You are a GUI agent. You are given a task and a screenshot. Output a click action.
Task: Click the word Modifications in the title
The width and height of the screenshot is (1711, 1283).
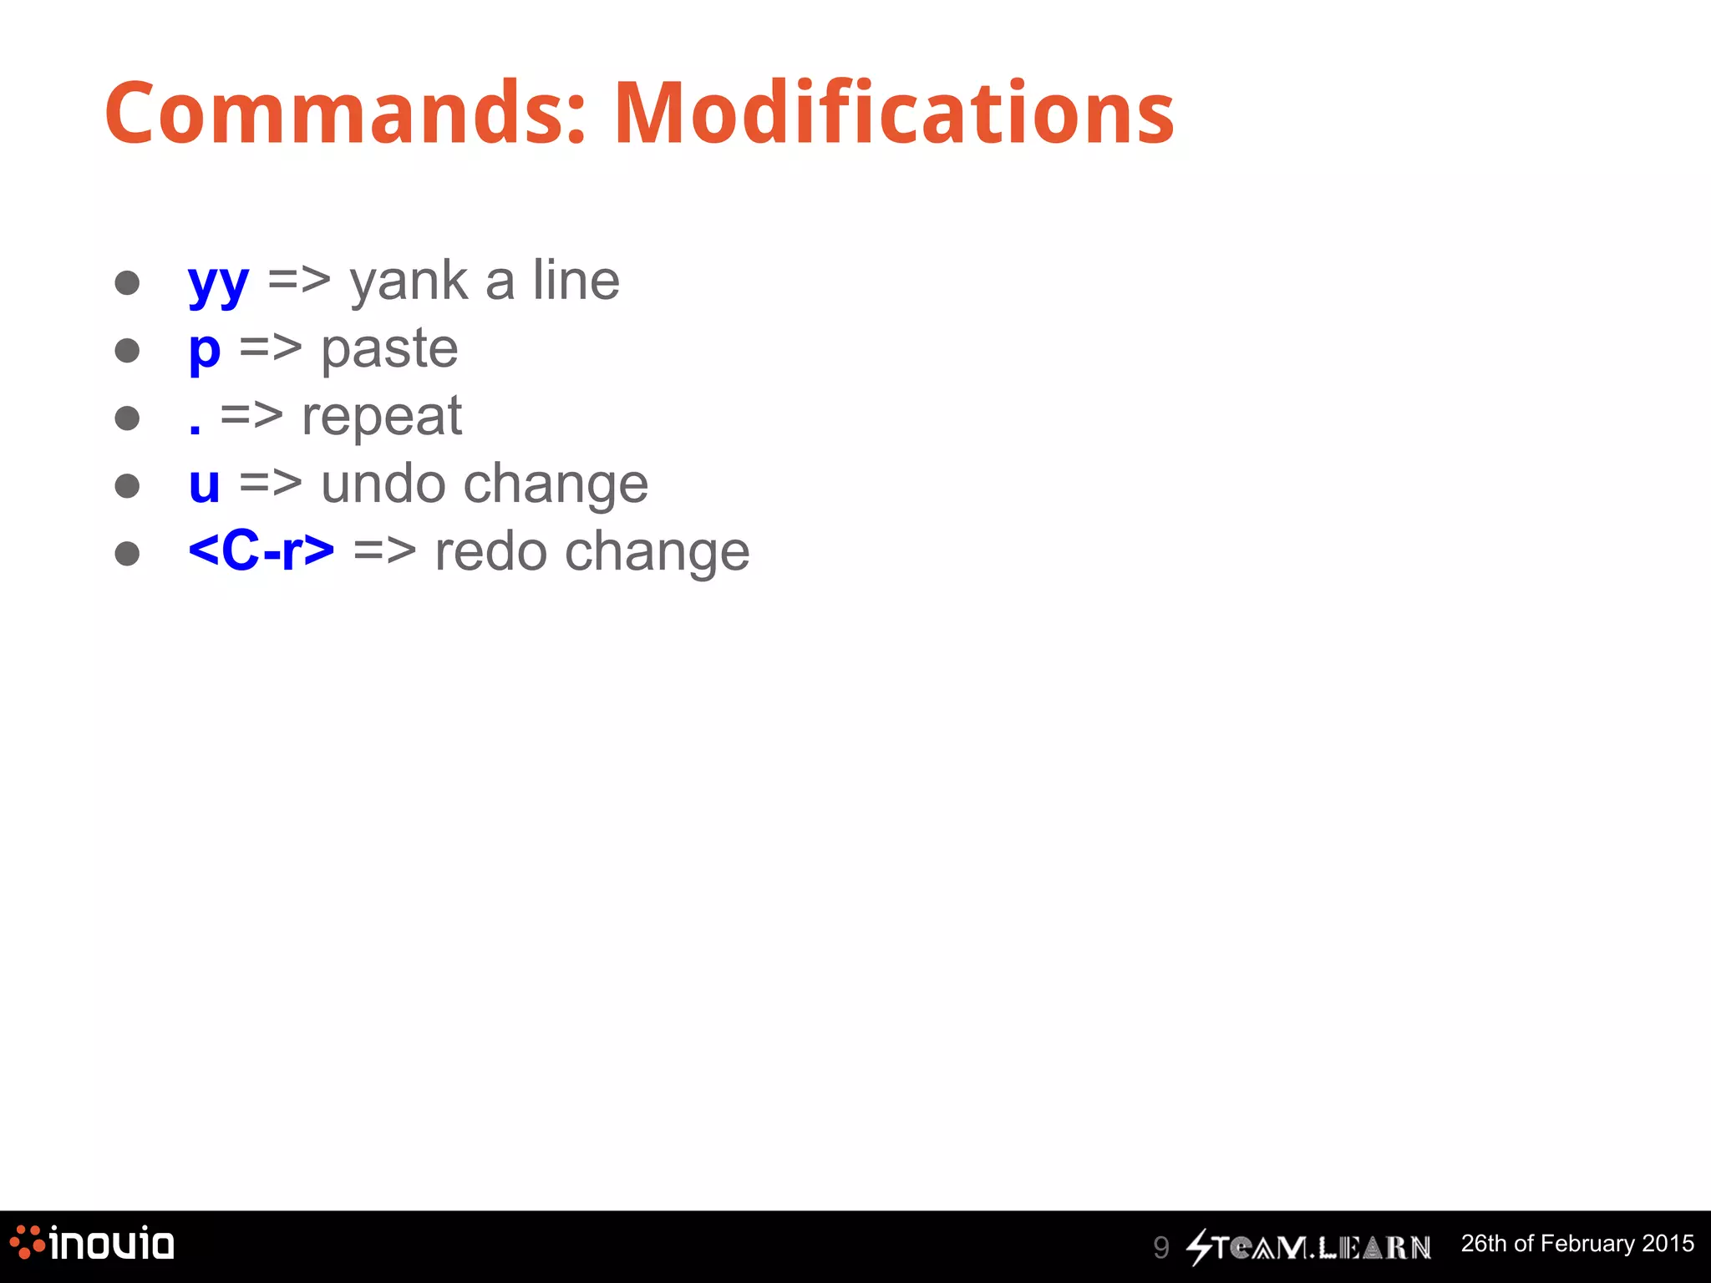click(894, 114)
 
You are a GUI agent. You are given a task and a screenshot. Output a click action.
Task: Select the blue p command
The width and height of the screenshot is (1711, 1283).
click(205, 351)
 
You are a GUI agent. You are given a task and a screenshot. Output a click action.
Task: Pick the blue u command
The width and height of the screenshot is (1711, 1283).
click(205, 485)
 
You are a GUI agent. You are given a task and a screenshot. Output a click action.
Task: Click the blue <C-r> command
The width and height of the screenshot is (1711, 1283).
click(261, 552)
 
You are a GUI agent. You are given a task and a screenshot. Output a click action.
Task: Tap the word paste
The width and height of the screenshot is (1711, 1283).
click(389, 350)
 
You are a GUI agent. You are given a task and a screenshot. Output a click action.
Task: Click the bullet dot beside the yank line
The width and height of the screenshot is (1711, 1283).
click(127, 282)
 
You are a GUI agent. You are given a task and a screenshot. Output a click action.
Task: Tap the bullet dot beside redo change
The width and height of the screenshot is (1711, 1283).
click(127, 553)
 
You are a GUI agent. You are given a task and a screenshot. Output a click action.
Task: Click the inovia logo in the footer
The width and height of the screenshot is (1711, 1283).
click(93, 1244)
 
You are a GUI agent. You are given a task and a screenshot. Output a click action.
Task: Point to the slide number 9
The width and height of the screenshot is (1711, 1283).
click(1160, 1247)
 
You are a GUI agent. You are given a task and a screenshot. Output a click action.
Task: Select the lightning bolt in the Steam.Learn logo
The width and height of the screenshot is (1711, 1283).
click(1200, 1247)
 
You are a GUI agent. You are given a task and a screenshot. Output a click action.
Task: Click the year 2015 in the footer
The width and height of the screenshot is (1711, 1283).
click(1668, 1244)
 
